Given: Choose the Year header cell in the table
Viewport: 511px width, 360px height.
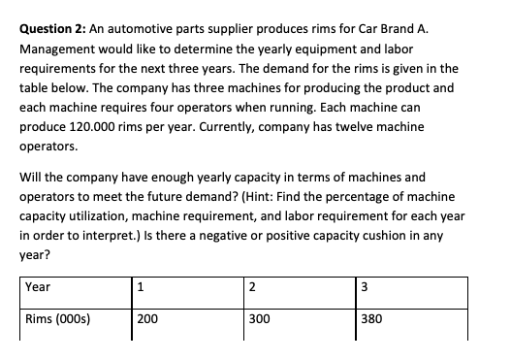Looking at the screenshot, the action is pos(38,287).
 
